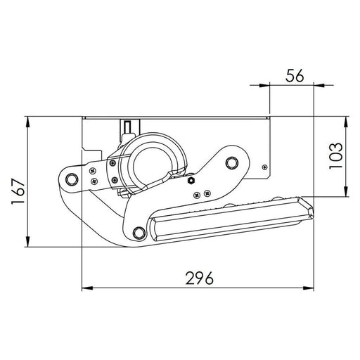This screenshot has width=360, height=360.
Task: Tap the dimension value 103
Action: [336, 156]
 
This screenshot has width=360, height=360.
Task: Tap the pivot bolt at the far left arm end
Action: [69, 179]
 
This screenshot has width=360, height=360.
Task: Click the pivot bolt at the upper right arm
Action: [231, 165]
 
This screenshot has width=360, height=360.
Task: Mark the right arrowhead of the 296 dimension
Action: [310, 288]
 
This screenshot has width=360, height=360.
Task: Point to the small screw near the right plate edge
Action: [264, 167]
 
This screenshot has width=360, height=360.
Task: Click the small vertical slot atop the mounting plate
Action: [127, 127]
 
